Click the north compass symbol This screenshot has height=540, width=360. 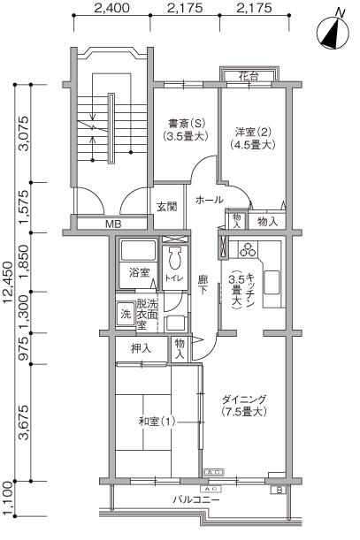tap(333, 33)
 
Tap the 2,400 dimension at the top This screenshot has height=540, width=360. tap(111, 8)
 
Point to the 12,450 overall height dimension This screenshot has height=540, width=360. tap(8, 283)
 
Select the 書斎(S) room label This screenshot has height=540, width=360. tap(187, 124)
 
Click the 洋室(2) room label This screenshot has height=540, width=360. tap(253, 132)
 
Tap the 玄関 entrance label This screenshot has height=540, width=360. tap(167, 207)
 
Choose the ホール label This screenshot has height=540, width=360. tap(210, 200)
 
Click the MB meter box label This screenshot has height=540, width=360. tap(113, 224)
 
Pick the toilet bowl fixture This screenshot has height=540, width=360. tap(175, 258)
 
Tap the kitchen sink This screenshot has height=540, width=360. tap(272, 282)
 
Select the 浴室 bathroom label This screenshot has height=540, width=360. tap(139, 273)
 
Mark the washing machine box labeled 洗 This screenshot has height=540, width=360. tap(126, 315)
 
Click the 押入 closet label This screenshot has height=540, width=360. tap(141, 349)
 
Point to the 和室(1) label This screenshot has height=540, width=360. tap(157, 422)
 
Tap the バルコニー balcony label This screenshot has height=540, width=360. tap(195, 499)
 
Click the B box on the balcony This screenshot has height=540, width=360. tap(280, 490)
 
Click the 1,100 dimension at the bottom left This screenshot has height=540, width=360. tap(8, 498)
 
